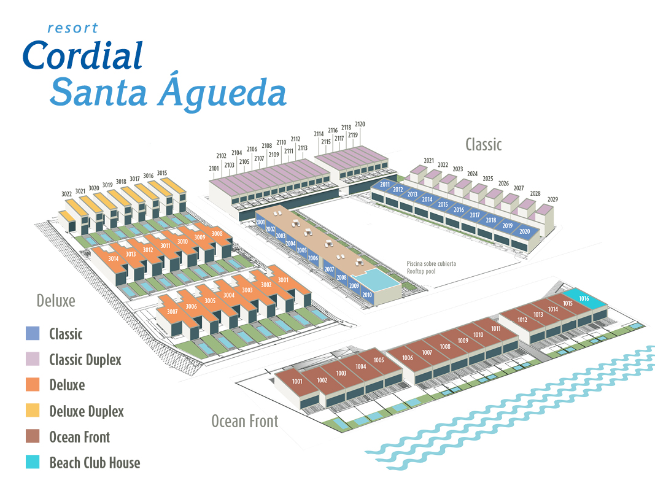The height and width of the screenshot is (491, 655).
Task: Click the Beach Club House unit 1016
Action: pos(584,298)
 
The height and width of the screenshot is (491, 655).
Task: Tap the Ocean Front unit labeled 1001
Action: pos(298,382)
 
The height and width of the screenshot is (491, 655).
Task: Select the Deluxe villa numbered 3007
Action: pos(172,312)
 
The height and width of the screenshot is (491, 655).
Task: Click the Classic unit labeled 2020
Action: pos(524,231)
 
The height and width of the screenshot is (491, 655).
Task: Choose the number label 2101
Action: pos(214,168)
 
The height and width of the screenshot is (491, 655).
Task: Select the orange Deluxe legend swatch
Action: pos(33,385)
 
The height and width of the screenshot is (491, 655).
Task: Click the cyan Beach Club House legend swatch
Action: pos(33,462)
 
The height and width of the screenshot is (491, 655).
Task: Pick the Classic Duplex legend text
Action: pos(85,360)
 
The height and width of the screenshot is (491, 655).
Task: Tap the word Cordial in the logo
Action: pos(83,55)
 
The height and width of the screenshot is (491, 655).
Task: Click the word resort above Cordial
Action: pos(72,28)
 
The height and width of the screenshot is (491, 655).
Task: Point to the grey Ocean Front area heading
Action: pos(244,421)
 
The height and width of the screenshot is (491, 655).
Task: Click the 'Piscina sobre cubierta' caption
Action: pos(431,263)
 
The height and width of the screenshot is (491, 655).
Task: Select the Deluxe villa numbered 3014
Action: pos(114,259)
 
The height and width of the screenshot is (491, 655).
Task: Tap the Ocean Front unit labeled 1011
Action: pos(496,328)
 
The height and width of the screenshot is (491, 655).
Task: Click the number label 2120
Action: pos(360,124)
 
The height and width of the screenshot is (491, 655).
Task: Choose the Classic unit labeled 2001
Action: pos(260,222)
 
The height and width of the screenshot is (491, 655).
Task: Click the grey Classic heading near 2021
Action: pos(483,144)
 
